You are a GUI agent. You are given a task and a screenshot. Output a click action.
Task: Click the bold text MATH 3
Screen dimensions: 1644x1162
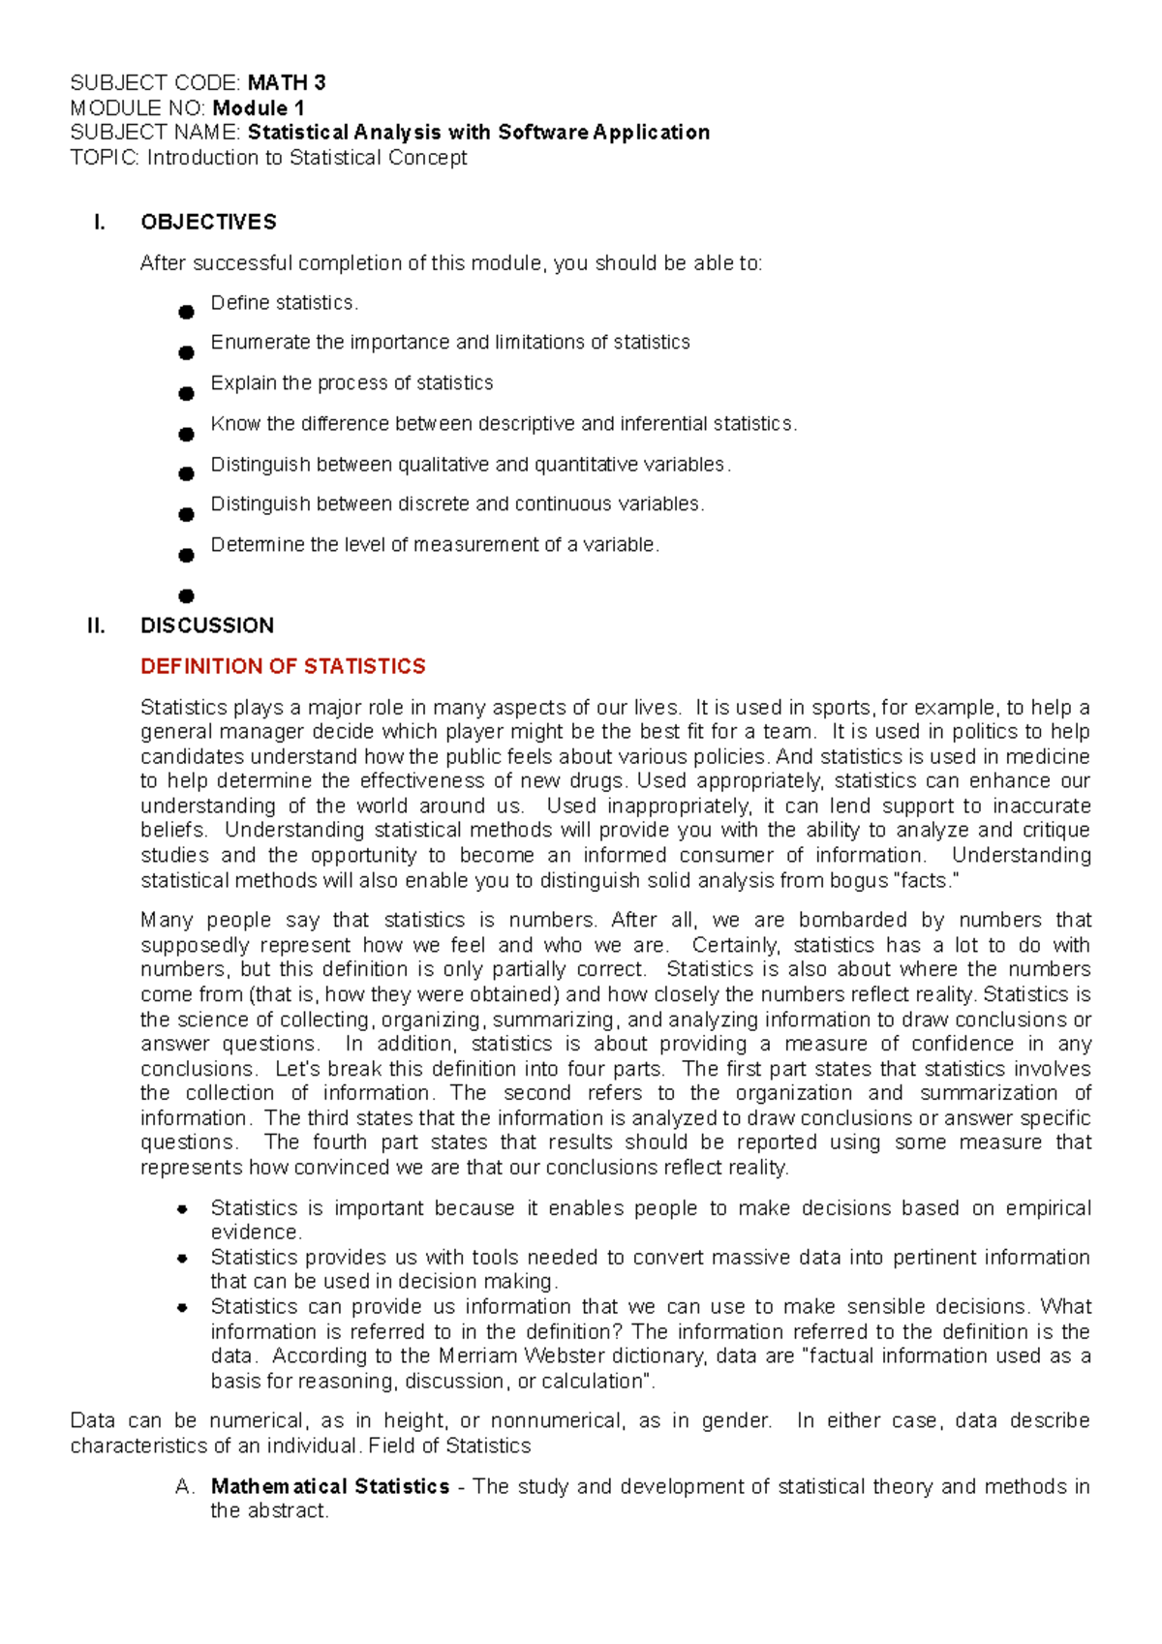(286, 82)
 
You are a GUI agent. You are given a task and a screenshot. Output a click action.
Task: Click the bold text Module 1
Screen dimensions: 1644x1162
(258, 107)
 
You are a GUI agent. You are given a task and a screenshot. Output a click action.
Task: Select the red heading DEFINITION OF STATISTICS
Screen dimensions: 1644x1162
(283, 666)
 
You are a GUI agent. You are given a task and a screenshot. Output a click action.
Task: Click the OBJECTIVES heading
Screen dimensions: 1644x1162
(208, 222)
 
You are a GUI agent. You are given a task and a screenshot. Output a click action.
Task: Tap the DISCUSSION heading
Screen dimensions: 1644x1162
(206, 625)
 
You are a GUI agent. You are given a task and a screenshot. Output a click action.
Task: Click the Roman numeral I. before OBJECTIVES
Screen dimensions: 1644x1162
(99, 222)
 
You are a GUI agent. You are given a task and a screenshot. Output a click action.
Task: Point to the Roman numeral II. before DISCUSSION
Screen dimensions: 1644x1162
(96, 625)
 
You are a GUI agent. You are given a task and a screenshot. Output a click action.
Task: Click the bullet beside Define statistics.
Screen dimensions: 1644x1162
(186, 312)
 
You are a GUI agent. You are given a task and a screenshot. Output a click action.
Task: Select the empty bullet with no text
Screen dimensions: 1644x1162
(186, 595)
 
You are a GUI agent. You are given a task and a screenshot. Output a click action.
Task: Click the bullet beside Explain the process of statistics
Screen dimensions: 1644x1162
(186, 393)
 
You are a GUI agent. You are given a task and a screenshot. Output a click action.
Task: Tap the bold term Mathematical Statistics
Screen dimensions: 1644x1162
(329, 1486)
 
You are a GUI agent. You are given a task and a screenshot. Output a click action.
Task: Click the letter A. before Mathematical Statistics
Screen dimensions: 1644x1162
(186, 1486)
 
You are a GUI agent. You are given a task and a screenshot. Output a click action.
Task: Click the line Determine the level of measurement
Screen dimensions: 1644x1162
(435, 545)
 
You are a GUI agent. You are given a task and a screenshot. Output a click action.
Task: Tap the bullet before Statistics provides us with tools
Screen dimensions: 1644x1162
(182, 1258)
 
